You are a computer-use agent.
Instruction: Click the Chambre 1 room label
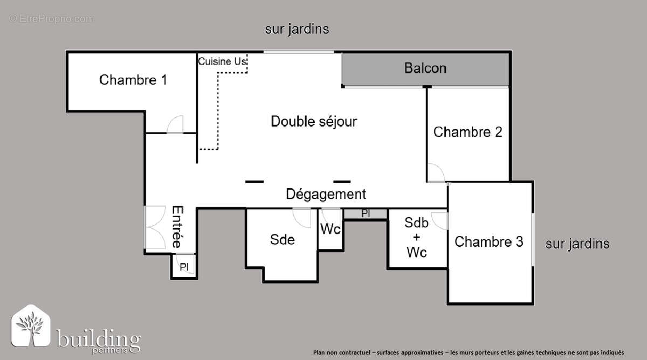133,80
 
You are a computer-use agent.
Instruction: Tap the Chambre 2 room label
467,132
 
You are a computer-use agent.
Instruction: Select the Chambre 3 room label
488,242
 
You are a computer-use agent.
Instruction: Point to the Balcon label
425,68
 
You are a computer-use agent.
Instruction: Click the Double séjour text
313,121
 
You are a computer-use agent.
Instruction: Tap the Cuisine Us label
222,61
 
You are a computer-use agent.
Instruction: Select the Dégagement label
326,194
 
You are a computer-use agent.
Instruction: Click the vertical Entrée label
177,226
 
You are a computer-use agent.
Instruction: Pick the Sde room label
282,239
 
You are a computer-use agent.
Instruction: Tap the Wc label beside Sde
330,229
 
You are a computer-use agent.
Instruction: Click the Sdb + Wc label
416,237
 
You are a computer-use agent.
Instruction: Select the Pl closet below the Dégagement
366,214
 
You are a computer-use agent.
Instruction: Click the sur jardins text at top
297,29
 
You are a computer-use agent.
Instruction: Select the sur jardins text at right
577,244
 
